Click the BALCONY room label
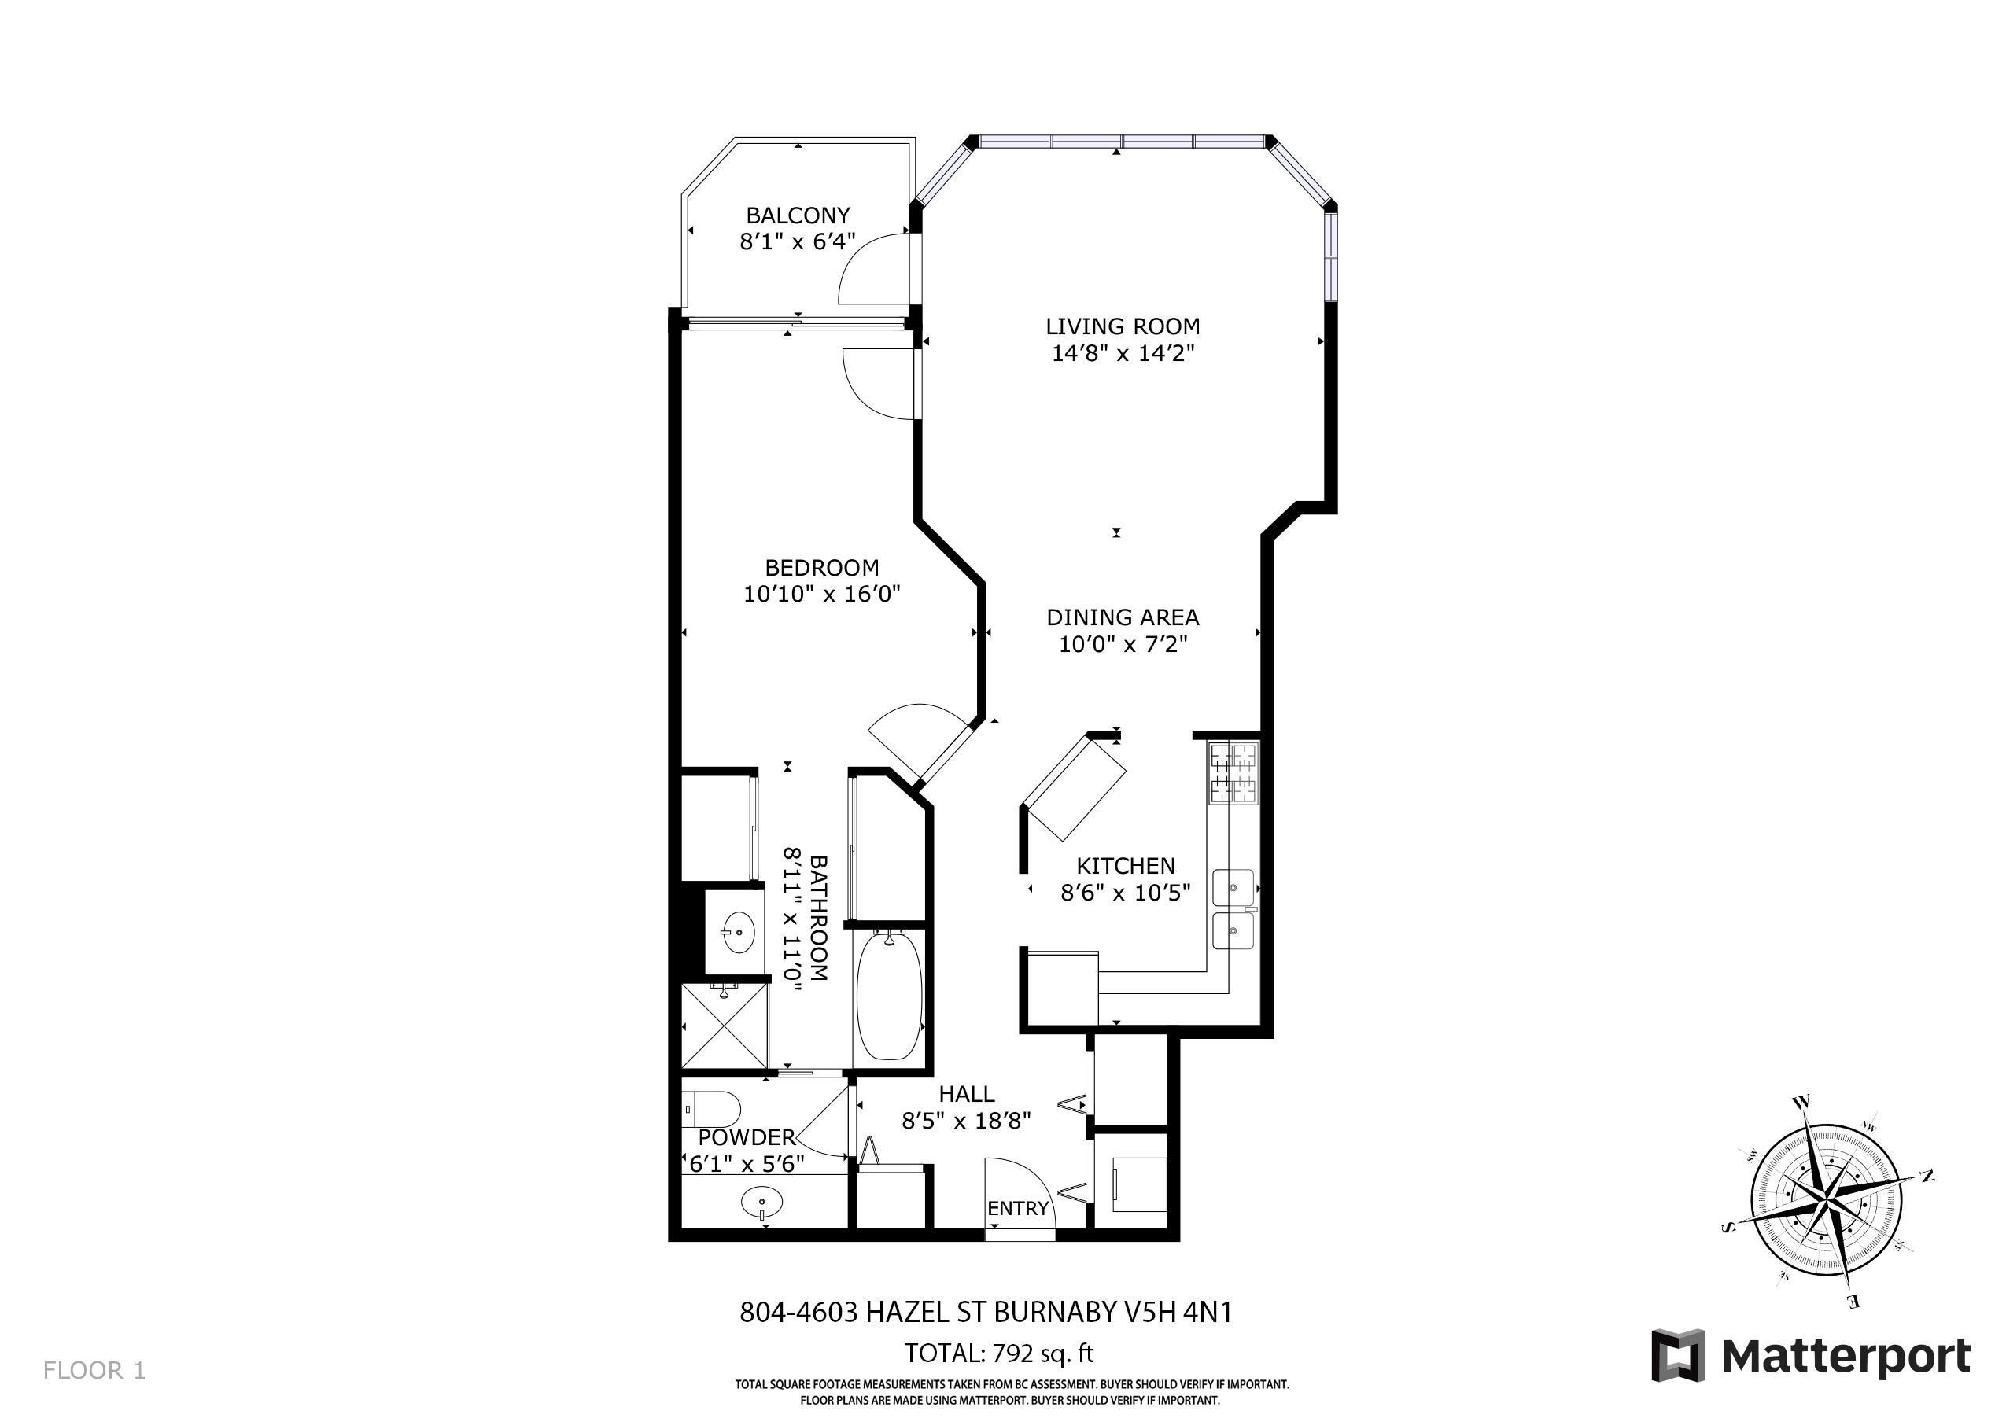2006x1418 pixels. pyautogui.click(x=798, y=215)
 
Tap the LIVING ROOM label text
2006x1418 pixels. pyautogui.click(x=1123, y=326)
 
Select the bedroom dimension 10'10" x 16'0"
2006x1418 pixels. pyautogui.click(x=821, y=594)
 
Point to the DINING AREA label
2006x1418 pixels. pyautogui.click(x=1123, y=617)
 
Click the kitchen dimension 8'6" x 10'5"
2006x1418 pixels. pyautogui.click(x=1125, y=893)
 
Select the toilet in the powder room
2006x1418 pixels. pyautogui.click(x=711, y=1110)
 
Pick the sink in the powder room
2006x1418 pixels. pyautogui.click(x=761, y=1203)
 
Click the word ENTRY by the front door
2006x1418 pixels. pyautogui.click(x=1018, y=1208)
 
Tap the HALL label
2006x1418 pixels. pyautogui.click(x=966, y=1094)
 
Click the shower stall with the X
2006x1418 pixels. pyautogui.click(x=725, y=1025)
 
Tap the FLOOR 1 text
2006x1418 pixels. pyautogui.click(x=94, y=1370)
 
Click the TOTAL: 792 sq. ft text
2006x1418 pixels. pyautogui.click(x=998, y=1354)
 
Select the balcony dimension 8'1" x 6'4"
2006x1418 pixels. pyautogui.click(x=798, y=242)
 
